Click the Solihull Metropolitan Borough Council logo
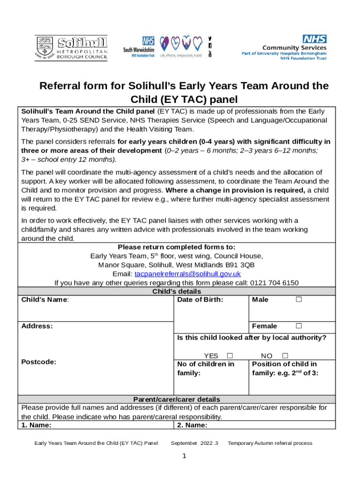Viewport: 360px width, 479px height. pyautogui.click(x=71, y=47)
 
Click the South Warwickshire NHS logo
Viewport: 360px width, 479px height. pyautogui.click(x=139, y=47)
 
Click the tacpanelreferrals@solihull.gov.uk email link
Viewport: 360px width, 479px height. pyautogui.click(x=187, y=274)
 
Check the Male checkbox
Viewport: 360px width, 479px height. pyautogui.click(x=298, y=300)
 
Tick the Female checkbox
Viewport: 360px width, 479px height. pyautogui.click(x=298, y=326)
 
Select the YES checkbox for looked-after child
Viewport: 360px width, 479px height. pyautogui.click(x=230, y=356)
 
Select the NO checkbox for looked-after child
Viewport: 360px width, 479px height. pyautogui.click(x=285, y=356)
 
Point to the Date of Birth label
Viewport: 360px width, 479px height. pyautogui.click(x=200, y=300)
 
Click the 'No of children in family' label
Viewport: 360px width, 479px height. pyautogui.click(x=205, y=369)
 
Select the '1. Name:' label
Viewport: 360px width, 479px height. pyautogui.click(x=36, y=425)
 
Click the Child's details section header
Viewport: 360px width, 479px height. pyautogui.click(x=177, y=291)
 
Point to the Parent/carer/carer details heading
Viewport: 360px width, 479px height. pyautogui.click(x=177, y=399)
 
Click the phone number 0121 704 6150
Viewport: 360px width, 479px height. pyautogui.click(x=278, y=283)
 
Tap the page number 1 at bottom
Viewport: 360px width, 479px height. pyautogui.click(x=185, y=457)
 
